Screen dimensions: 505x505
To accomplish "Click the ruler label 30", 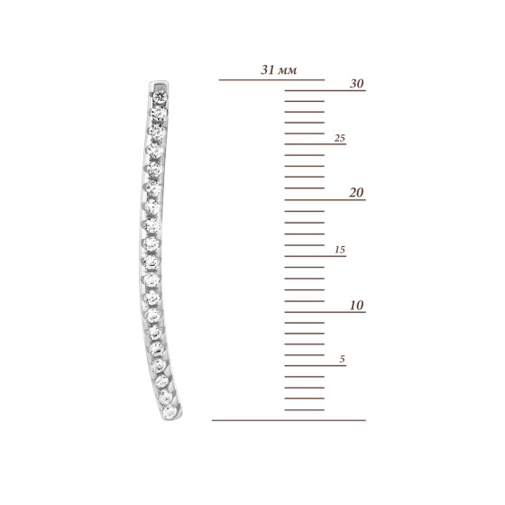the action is coord(357,83).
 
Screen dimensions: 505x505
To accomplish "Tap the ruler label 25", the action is coord(340,138).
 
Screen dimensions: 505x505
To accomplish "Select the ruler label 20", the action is coord(356,193).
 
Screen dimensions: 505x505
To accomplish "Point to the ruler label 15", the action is coord(340,250).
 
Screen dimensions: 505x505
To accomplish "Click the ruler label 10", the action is coord(357,306).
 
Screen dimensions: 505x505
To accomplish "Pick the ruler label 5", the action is coord(342,359).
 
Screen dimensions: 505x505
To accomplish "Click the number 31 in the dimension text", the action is coord(268,69).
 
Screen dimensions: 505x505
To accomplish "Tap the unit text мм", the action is coord(287,70).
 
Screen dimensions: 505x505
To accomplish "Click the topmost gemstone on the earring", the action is coord(161,96).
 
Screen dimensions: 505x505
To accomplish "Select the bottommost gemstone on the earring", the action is coord(170,412).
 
